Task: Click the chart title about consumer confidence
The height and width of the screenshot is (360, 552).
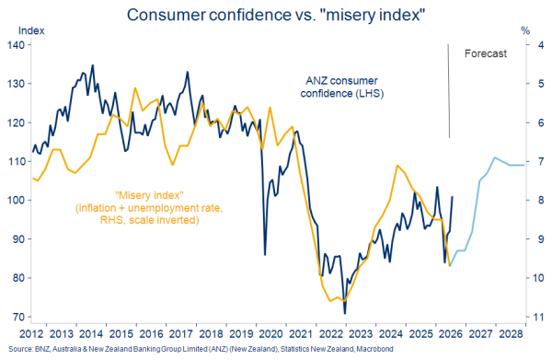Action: pos(276,15)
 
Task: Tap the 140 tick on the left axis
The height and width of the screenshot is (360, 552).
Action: pos(16,45)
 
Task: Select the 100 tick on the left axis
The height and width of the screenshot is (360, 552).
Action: pos(16,201)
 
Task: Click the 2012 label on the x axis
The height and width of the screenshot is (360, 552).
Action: pos(31,333)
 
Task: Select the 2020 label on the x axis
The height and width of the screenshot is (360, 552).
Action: pos(271,333)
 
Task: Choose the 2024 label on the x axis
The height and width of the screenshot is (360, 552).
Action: pos(391,333)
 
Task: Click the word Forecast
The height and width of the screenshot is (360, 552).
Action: pos(486,53)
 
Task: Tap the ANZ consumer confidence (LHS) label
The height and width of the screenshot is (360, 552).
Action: pos(342,87)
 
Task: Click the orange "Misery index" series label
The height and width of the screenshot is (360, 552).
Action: pos(149,207)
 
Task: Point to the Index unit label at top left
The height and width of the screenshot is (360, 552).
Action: pos(31,31)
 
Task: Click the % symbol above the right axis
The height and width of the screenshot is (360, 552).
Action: pos(525,31)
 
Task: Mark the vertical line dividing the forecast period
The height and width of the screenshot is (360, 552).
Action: pos(449,91)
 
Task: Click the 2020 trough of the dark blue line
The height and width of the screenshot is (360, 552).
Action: pos(265,254)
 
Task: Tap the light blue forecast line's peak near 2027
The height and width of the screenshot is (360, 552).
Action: pos(495,157)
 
